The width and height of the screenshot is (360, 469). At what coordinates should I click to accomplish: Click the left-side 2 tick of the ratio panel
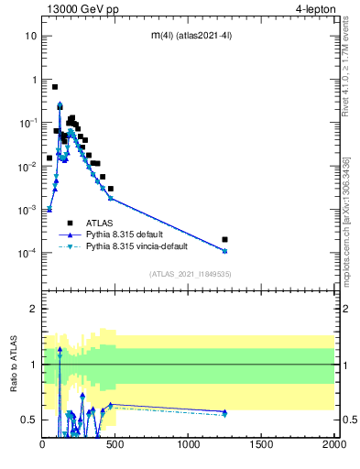(x=34, y=309)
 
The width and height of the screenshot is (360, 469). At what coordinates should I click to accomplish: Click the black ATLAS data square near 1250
(x=224, y=240)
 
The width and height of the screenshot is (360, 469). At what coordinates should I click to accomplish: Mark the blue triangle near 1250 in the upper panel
(x=224, y=251)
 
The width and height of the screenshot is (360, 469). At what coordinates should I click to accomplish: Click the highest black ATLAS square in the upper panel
(x=55, y=87)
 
